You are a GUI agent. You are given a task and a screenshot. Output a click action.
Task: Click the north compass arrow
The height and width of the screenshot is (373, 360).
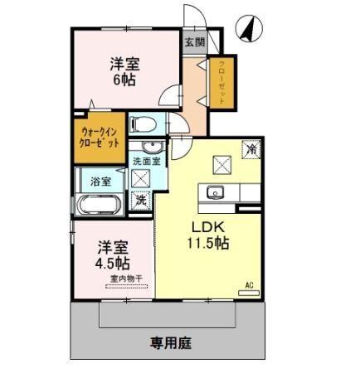[246, 29]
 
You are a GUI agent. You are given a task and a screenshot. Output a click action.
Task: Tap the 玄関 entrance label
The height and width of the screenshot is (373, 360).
[193, 41]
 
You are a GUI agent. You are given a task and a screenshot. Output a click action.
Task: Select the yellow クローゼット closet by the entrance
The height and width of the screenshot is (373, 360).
[221, 83]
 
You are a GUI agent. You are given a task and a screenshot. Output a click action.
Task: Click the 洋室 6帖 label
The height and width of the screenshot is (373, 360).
[124, 71]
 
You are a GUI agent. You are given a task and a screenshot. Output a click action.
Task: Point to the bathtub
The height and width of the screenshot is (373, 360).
[100, 204]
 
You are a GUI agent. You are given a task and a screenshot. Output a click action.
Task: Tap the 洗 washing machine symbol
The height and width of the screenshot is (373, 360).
[142, 199]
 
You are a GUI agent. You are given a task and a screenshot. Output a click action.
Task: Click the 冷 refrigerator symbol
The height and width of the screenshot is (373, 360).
[250, 150]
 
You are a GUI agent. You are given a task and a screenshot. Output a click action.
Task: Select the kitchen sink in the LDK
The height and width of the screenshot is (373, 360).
[215, 193]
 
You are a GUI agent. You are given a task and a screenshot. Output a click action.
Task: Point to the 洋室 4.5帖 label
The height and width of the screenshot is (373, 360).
[111, 254]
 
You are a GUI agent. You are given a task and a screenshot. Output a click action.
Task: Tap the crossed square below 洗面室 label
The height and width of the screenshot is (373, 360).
[140, 178]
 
